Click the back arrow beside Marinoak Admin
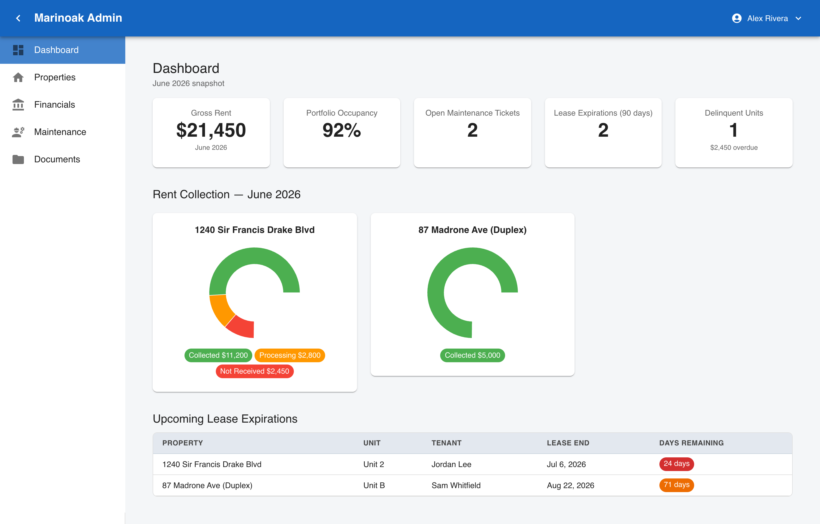tap(19, 18)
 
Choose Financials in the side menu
tap(54, 105)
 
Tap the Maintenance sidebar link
tap(60, 132)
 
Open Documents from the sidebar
tap(57, 159)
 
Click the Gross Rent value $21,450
tap(211, 130)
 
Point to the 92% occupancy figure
tap(342, 130)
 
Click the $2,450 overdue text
tap(734, 148)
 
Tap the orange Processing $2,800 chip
tap(290, 355)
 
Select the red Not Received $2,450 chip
tap(255, 371)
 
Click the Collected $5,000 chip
tap(472, 355)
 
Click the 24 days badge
tap(676, 464)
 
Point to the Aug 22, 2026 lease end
tap(570, 485)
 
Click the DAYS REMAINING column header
tap(691, 443)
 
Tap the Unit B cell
tap(374, 485)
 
